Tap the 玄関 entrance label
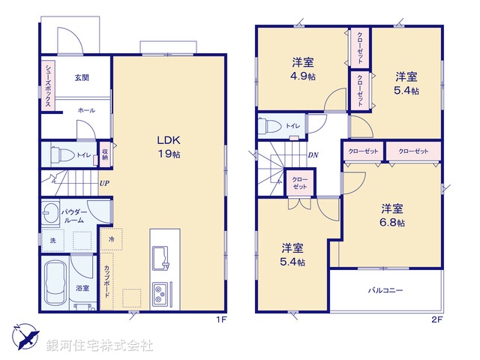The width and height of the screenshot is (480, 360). click(82, 77)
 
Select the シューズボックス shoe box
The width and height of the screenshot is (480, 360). click(46, 86)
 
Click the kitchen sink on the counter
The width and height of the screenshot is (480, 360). click(162, 256)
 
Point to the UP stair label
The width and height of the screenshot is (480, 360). click(104, 182)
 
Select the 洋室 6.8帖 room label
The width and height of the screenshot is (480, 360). click(392, 215)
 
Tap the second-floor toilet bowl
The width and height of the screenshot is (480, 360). click(270, 126)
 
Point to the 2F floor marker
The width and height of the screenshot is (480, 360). click(437, 319)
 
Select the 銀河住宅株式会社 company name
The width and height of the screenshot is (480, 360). click(100, 346)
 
